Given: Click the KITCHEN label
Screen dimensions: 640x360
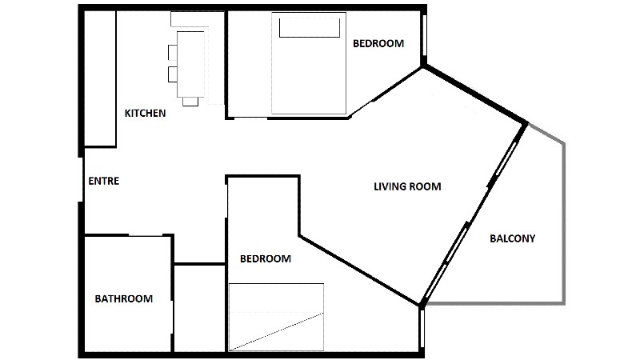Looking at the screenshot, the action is (146, 113).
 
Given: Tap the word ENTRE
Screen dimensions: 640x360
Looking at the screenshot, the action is (104, 181).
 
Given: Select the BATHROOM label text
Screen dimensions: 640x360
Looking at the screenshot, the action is (124, 298).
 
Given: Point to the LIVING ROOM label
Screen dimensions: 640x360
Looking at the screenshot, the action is (407, 186).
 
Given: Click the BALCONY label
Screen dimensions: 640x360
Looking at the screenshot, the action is (512, 238).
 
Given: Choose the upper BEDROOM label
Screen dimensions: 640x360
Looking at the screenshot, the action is (378, 43).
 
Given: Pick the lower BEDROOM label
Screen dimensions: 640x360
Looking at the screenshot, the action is (266, 258).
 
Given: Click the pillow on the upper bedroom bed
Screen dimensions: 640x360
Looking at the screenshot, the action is (310, 28).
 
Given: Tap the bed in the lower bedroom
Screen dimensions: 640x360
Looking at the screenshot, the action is (276, 317).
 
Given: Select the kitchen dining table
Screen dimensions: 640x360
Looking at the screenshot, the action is (190, 64).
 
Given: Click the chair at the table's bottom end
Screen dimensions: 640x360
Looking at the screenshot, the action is (190, 102).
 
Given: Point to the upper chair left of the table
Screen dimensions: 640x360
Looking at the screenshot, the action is (173, 52).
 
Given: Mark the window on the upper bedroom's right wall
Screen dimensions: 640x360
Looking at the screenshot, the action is (424, 35).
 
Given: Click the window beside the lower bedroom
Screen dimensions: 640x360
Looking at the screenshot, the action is (422, 329).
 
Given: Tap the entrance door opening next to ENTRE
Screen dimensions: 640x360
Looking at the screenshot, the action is (81, 178).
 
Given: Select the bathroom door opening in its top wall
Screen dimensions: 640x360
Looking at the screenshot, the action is (146, 235).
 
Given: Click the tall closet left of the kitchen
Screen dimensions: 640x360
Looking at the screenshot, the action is (100, 78).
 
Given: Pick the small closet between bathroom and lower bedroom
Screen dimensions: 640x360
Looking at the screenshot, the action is (199, 308).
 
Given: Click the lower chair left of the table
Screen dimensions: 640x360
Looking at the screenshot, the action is (173, 74).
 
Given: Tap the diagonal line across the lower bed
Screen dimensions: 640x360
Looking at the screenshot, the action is (276, 332).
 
